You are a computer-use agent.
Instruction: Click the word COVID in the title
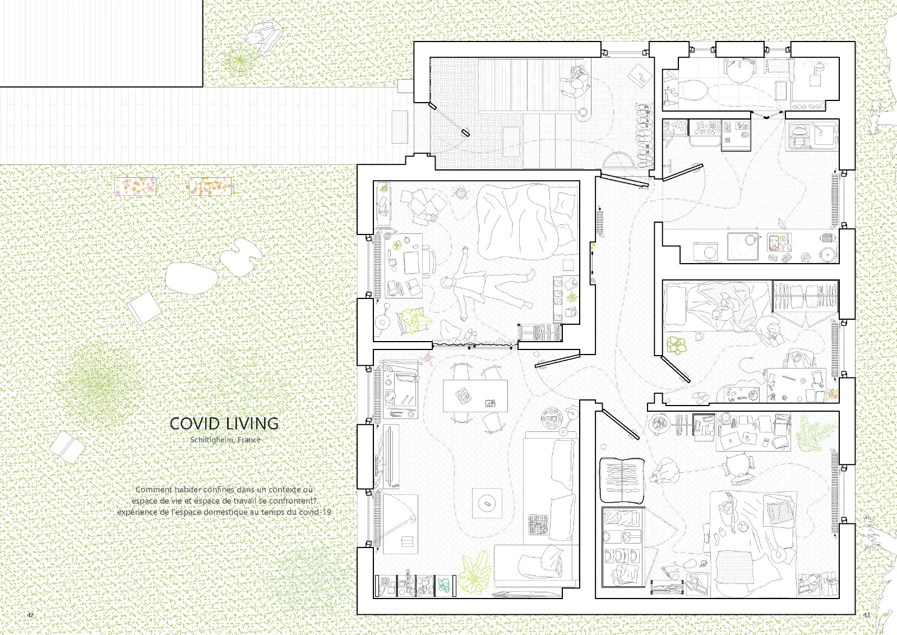pyautogui.click(x=195, y=424)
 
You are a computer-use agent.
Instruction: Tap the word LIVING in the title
pyautogui.click(x=252, y=424)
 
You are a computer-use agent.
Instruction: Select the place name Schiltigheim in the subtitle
pyautogui.click(x=212, y=439)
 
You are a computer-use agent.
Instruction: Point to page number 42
pyautogui.click(x=30, y=615)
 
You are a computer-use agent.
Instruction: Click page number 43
pyautogui.click(x=867, y=615)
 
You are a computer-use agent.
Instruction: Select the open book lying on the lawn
pyautogui.click(x=67, y=447)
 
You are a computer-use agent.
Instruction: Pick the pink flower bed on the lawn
pyautogui.click(x=135, y=187)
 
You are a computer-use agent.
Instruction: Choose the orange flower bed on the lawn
pyautogui.click(x=210, y=186)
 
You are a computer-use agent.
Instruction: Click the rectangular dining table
pyautogui.click(x=475, y=396)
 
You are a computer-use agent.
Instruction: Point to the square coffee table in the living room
pyautogui.click(x=487, y=503)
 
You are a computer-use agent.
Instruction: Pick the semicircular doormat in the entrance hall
pyautogui.click(x=619, y=160)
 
